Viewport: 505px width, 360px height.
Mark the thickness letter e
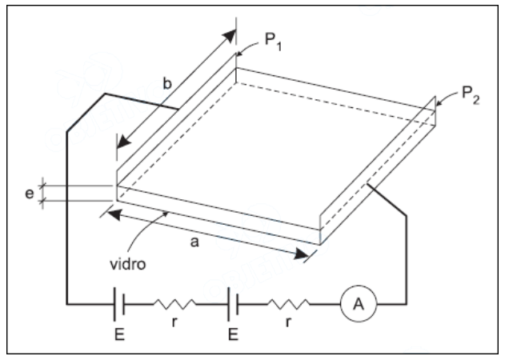[29, 192]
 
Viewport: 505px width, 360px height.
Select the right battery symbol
[232, 304]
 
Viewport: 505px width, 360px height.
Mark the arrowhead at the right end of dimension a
[302, 254]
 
